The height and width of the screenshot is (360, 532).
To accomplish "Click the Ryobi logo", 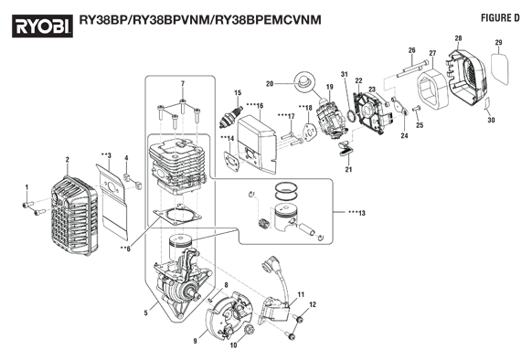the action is click(43, 26).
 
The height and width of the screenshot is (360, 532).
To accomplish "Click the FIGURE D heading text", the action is click(500, 18).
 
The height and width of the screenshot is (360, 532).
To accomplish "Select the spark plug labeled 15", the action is click(231, 117).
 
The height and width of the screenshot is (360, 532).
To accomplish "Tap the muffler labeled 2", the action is click(74, 216).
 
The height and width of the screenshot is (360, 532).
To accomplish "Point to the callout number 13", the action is click(362, 213).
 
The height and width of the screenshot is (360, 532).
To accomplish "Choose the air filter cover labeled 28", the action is click(469, 77).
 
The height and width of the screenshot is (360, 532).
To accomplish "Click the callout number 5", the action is click(146, 312).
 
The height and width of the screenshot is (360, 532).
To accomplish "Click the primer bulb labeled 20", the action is click(304, 80).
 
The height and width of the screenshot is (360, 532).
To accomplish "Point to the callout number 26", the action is click(411, 50).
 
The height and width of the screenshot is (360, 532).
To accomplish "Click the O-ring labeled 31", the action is click(351, 115).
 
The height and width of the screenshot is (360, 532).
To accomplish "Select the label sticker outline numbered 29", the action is click(500, 69).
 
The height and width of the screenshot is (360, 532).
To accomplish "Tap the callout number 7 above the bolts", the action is click(183, 83).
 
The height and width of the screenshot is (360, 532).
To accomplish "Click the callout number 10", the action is click(234, 345).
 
